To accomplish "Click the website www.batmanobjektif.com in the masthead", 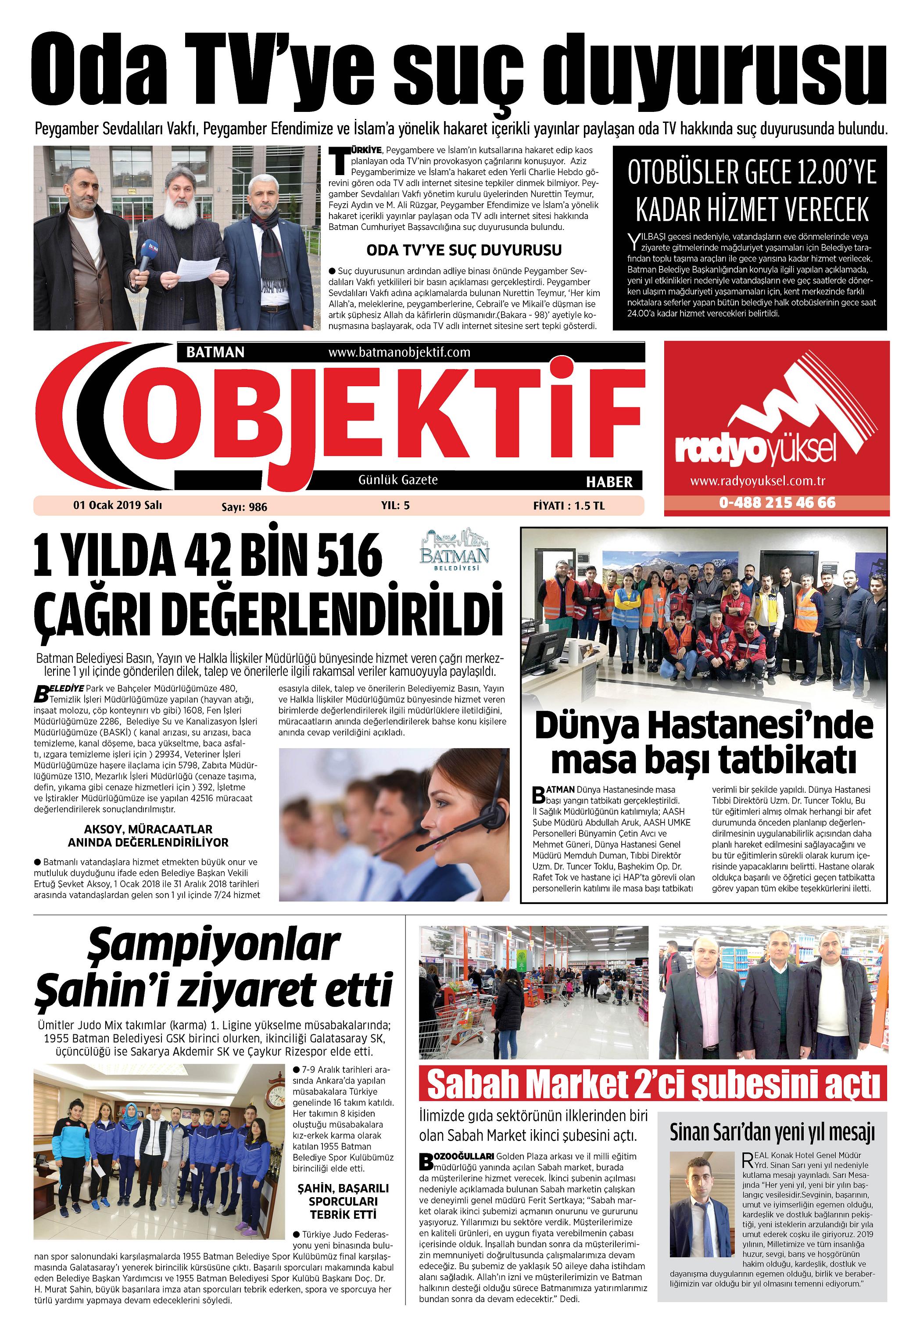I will click(399, 352).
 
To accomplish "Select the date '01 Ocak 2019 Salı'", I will click(117, 505).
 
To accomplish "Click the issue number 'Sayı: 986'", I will click(244, 507).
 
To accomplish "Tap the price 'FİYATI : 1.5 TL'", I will click(569, 506).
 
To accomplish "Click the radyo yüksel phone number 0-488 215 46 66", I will click(777, 502).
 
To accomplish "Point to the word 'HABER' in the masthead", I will click(609, 481).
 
